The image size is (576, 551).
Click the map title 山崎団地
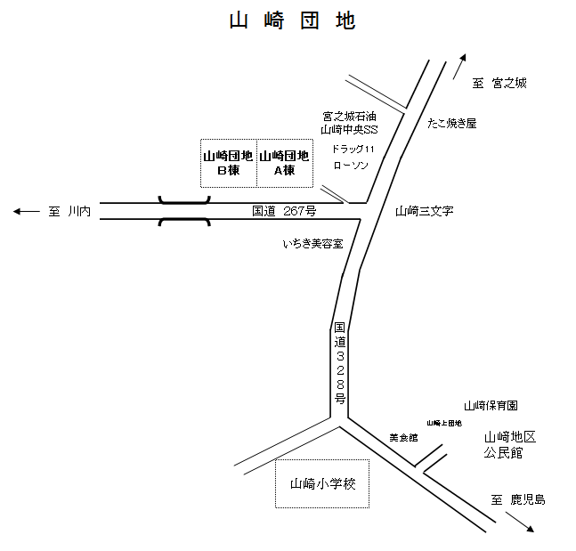tap(292, 22)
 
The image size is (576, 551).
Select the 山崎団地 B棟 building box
tap(229, 163)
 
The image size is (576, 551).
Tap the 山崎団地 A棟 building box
tap(285, 163)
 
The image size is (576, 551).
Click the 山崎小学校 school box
tap(323, 484)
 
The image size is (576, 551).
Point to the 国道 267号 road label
tap(284, 211)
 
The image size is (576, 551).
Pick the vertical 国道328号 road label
tap(340, 364)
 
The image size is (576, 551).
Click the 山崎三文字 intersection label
tap(425, 211)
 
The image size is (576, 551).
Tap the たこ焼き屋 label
tap(451, 123)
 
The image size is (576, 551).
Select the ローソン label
tap(350, 165)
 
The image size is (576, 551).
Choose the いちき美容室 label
tap(313, 243)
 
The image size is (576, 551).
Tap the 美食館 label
tap(403, 438)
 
